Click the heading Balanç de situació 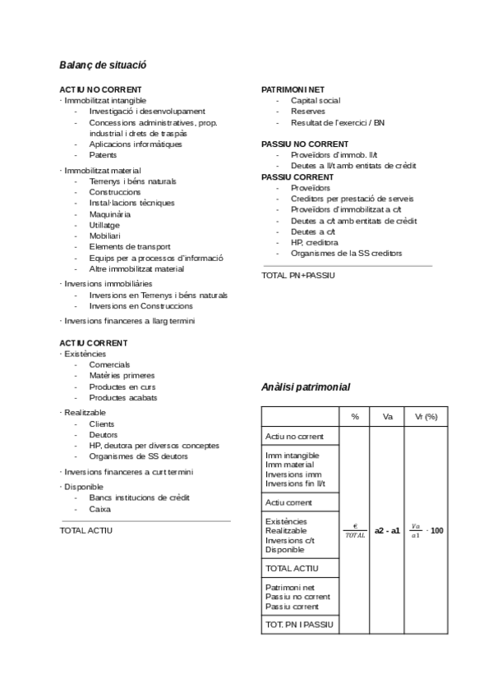[x=103, y=64]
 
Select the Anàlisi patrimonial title [x=305, y=387]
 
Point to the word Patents [x=103, y=154]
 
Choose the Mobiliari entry [x=104, y=236]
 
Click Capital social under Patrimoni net [x=315, y=100]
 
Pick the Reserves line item [x=307, y=111]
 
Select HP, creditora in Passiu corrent [x=314, y=242]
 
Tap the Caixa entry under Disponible [x=99, y=509]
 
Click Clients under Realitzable [x=102, y=424]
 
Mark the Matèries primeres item [x=122, y=375]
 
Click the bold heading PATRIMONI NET [x=293, y=89]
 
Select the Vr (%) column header [x=426, y=417]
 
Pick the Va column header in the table [x=387, y=417]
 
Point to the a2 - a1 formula [x=387, y=531]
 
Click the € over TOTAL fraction [x=355, y=531]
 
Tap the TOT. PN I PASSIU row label [x=299, y=625]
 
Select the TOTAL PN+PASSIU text [x=298, y=275]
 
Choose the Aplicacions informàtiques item [x=136, y=144]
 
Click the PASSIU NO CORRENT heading [x=305, y=144]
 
